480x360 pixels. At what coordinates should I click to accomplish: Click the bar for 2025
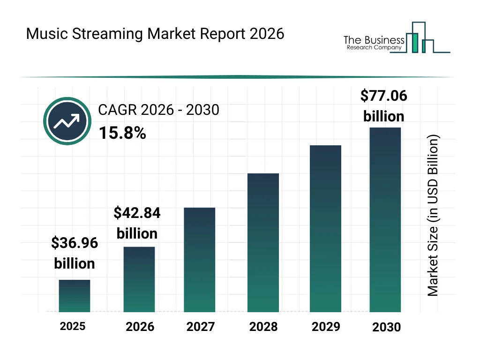pyautogui.click(x=75, y=296)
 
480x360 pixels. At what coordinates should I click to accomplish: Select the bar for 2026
pyautogui.click(x=139, y=279)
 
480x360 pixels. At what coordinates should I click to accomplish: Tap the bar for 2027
pyautogui.click(x=199, y=260)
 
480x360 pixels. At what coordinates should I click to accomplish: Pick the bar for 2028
pyautogui.click(x=263, y=242)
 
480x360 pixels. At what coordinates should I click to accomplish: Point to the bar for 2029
pyautogui.click(x=325, y=229)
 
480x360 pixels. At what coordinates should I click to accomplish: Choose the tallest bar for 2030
pyautogui.click(x=385, y=219)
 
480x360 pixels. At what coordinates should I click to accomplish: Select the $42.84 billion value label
pyautogui.click(x=137, y=223)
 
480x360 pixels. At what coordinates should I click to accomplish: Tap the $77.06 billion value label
pyautogui.click(x=383, y=105)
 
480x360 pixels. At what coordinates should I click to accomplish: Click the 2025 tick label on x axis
pyautogui.click(x=73, y=326)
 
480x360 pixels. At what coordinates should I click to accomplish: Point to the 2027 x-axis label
pyautogui.click(x=201, y=327)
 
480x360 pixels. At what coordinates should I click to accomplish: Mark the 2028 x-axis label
pyautogui.click(x=263, y=327)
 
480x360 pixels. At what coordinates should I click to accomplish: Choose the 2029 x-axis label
pyautogui.click(x=326, y=326)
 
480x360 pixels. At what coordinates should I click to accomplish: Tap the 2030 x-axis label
pyautogui.click(x=386, y=327)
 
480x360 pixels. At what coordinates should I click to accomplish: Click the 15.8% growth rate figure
pyautogui.click(x=122, y=134)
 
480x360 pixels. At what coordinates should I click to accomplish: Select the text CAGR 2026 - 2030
pyautogui.click(x=158, y=110)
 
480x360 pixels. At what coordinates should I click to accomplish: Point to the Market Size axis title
pyautogui.click(x=433, y=216)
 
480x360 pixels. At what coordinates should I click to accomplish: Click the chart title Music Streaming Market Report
pyautogui.click(x=155, y=34)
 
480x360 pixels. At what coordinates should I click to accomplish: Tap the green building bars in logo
pyautogui.click(x=414, y=43)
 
